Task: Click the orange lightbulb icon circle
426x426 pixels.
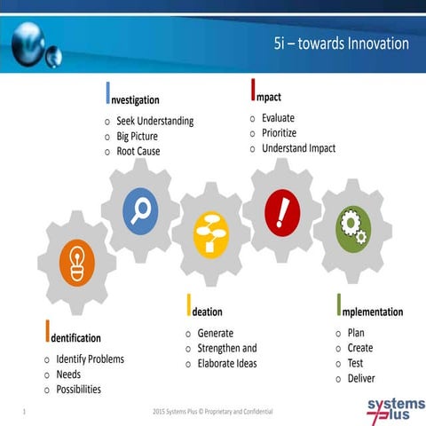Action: click(75, 264)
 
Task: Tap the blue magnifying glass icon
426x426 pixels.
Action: click(140, 210)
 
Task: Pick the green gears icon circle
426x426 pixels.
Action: click(352, 228)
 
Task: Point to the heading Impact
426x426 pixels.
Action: click(266, 95)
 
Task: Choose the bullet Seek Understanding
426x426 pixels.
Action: click(154, 121)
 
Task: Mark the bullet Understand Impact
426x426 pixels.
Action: click(298, 147)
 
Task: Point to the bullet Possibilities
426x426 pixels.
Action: click(78, 390)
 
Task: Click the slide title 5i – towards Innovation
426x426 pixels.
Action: click(341, 43)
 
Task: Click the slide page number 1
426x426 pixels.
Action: click(22, 412)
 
